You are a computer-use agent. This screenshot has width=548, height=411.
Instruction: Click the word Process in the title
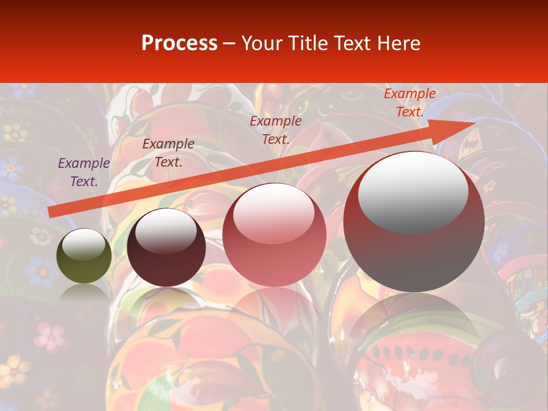click(179, 43)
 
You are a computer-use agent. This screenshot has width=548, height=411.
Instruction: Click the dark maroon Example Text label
click(168, 153)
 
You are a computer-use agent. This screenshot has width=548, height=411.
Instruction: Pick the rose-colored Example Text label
click(276, 130)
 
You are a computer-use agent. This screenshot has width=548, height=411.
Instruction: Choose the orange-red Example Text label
click(410, 103)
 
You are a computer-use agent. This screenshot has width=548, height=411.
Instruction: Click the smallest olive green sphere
click(84, 265)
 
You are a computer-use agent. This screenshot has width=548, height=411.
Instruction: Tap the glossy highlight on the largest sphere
click(413, 191)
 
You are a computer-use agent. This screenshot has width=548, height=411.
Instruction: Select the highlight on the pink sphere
click(273, 214)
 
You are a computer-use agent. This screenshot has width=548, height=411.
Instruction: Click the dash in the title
click(229, 43)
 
